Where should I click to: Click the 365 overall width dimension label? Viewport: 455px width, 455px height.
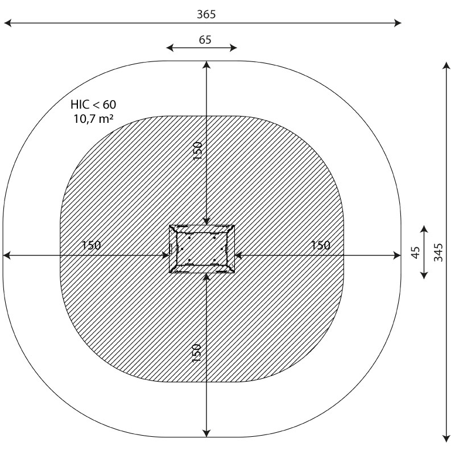[x=206, y=14]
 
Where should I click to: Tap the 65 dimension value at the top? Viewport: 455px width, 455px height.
[x=205, y=40]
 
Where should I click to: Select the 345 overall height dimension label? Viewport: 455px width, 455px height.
[x=438, y=252]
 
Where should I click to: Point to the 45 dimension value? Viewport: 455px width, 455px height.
[x=416, y=252]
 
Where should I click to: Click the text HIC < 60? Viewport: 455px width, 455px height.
[x=93, y=105]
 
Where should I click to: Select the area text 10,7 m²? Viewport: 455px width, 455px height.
[x=93, y=119]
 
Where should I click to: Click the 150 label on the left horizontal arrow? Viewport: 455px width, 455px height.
[x=91, y=245]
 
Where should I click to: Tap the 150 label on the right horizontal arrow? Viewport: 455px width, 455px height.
[x=320, y=245]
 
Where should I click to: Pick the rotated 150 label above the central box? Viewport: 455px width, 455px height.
[x=197, y=150]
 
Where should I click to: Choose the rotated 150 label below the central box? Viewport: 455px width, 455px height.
[x=196, y=353]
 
